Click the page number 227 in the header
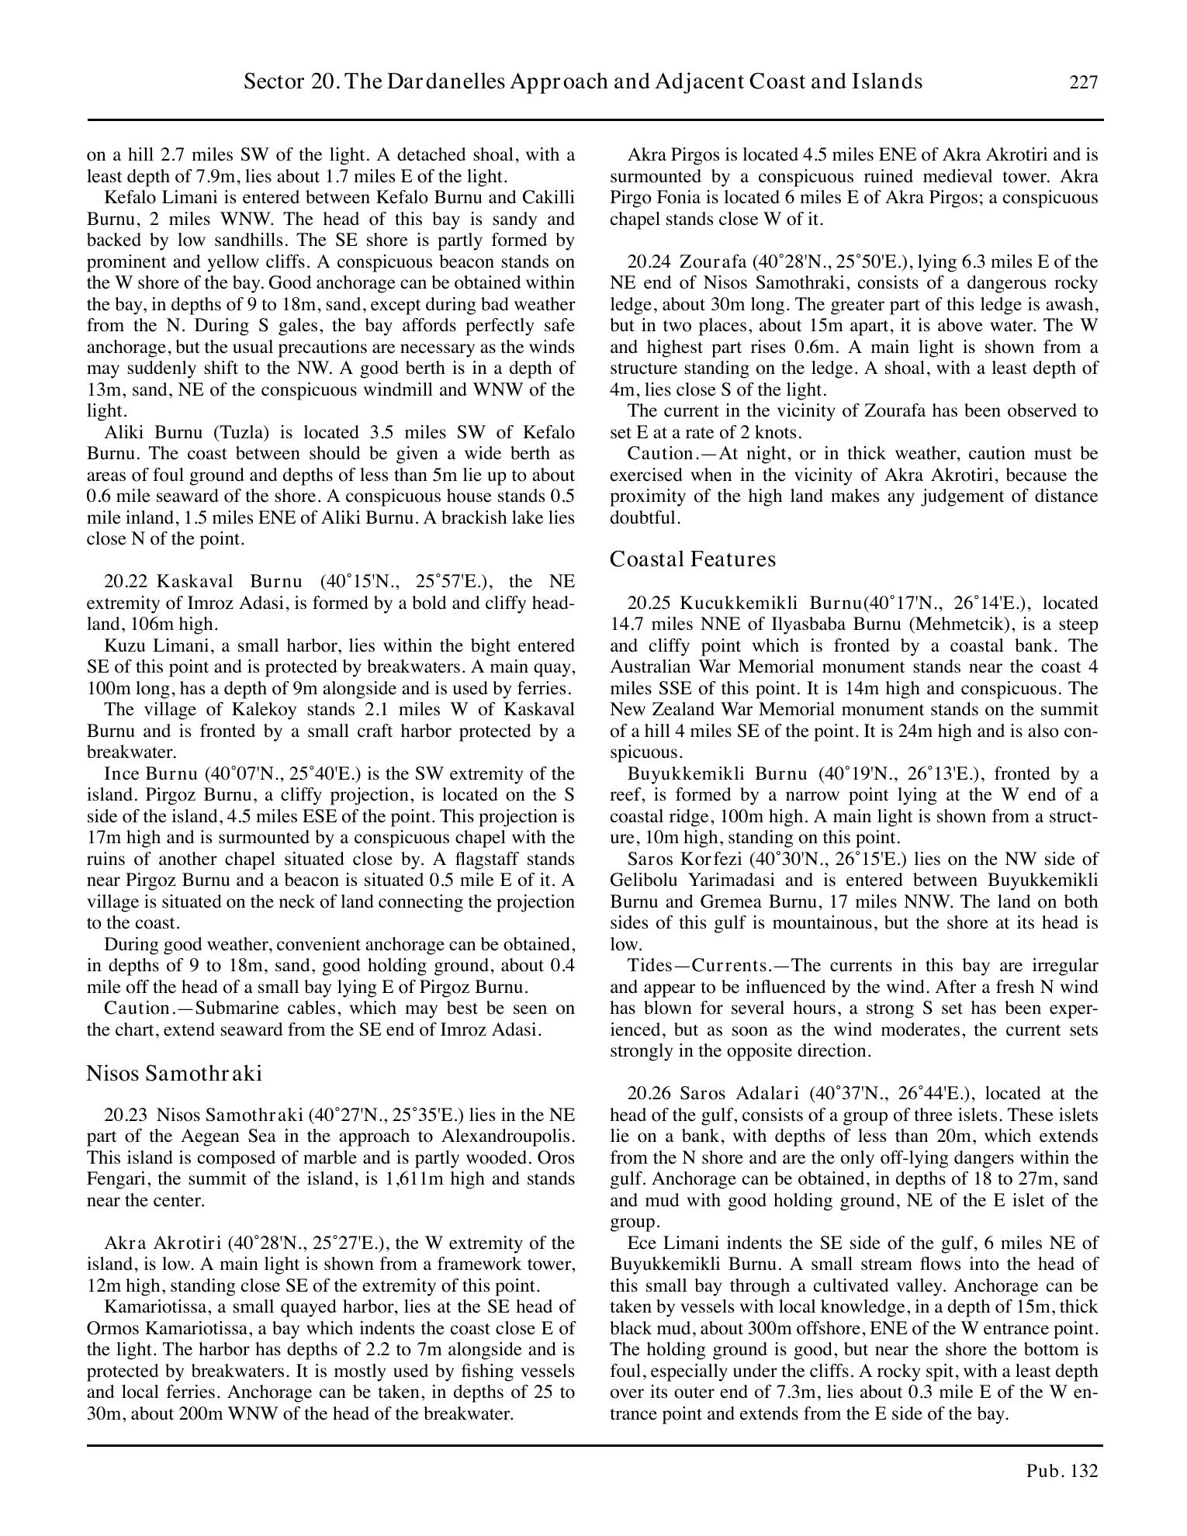[1084, 82]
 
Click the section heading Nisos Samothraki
[174, 1074]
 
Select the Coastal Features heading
[692, 559]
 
